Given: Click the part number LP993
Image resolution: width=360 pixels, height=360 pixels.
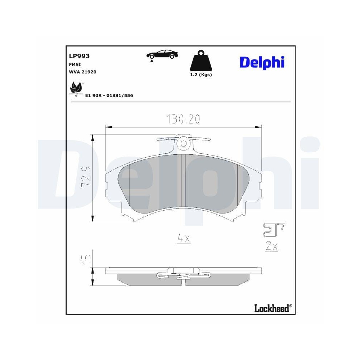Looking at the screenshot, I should click(79, 56).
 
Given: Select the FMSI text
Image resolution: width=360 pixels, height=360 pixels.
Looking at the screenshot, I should click(75, 64).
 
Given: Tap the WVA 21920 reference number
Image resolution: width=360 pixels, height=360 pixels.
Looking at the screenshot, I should click(82, 72).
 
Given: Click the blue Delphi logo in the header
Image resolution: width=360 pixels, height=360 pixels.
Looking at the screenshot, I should click(262, 62).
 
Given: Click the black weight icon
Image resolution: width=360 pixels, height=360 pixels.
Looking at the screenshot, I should click(201, 62).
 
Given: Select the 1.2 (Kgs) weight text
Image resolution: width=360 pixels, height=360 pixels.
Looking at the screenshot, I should click(201, 75).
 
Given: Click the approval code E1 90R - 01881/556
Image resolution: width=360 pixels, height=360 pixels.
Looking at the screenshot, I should click(109, 96).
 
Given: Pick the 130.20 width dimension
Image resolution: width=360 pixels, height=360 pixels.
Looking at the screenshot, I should click(183, 119).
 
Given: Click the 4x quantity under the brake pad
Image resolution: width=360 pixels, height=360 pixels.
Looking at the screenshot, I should click(183, 238).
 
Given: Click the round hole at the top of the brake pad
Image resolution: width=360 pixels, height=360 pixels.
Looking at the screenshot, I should click(184, 144).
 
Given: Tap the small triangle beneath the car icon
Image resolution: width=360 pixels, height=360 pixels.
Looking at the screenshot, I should click(152, 62).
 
